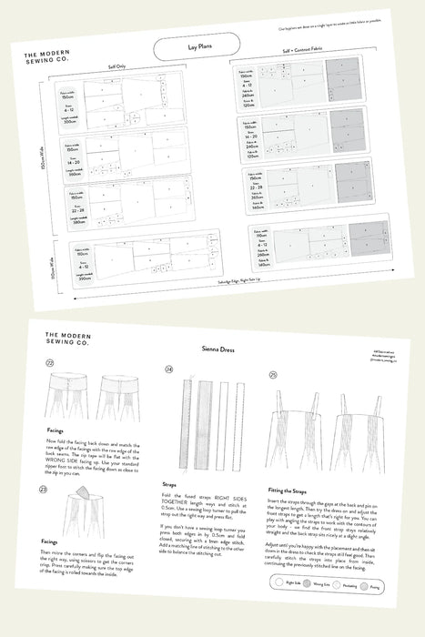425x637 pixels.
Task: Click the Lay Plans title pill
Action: pyautogui.click(x=196, y=45)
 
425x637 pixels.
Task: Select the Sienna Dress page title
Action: pyautogui.click(x=215, y=349)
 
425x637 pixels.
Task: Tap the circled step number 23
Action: pyautogui.click(x=44, y=489)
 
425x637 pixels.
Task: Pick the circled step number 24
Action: pyautogui.click(x=169, y=369)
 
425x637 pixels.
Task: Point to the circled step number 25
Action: pyautogui.click(x=274, y=374)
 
